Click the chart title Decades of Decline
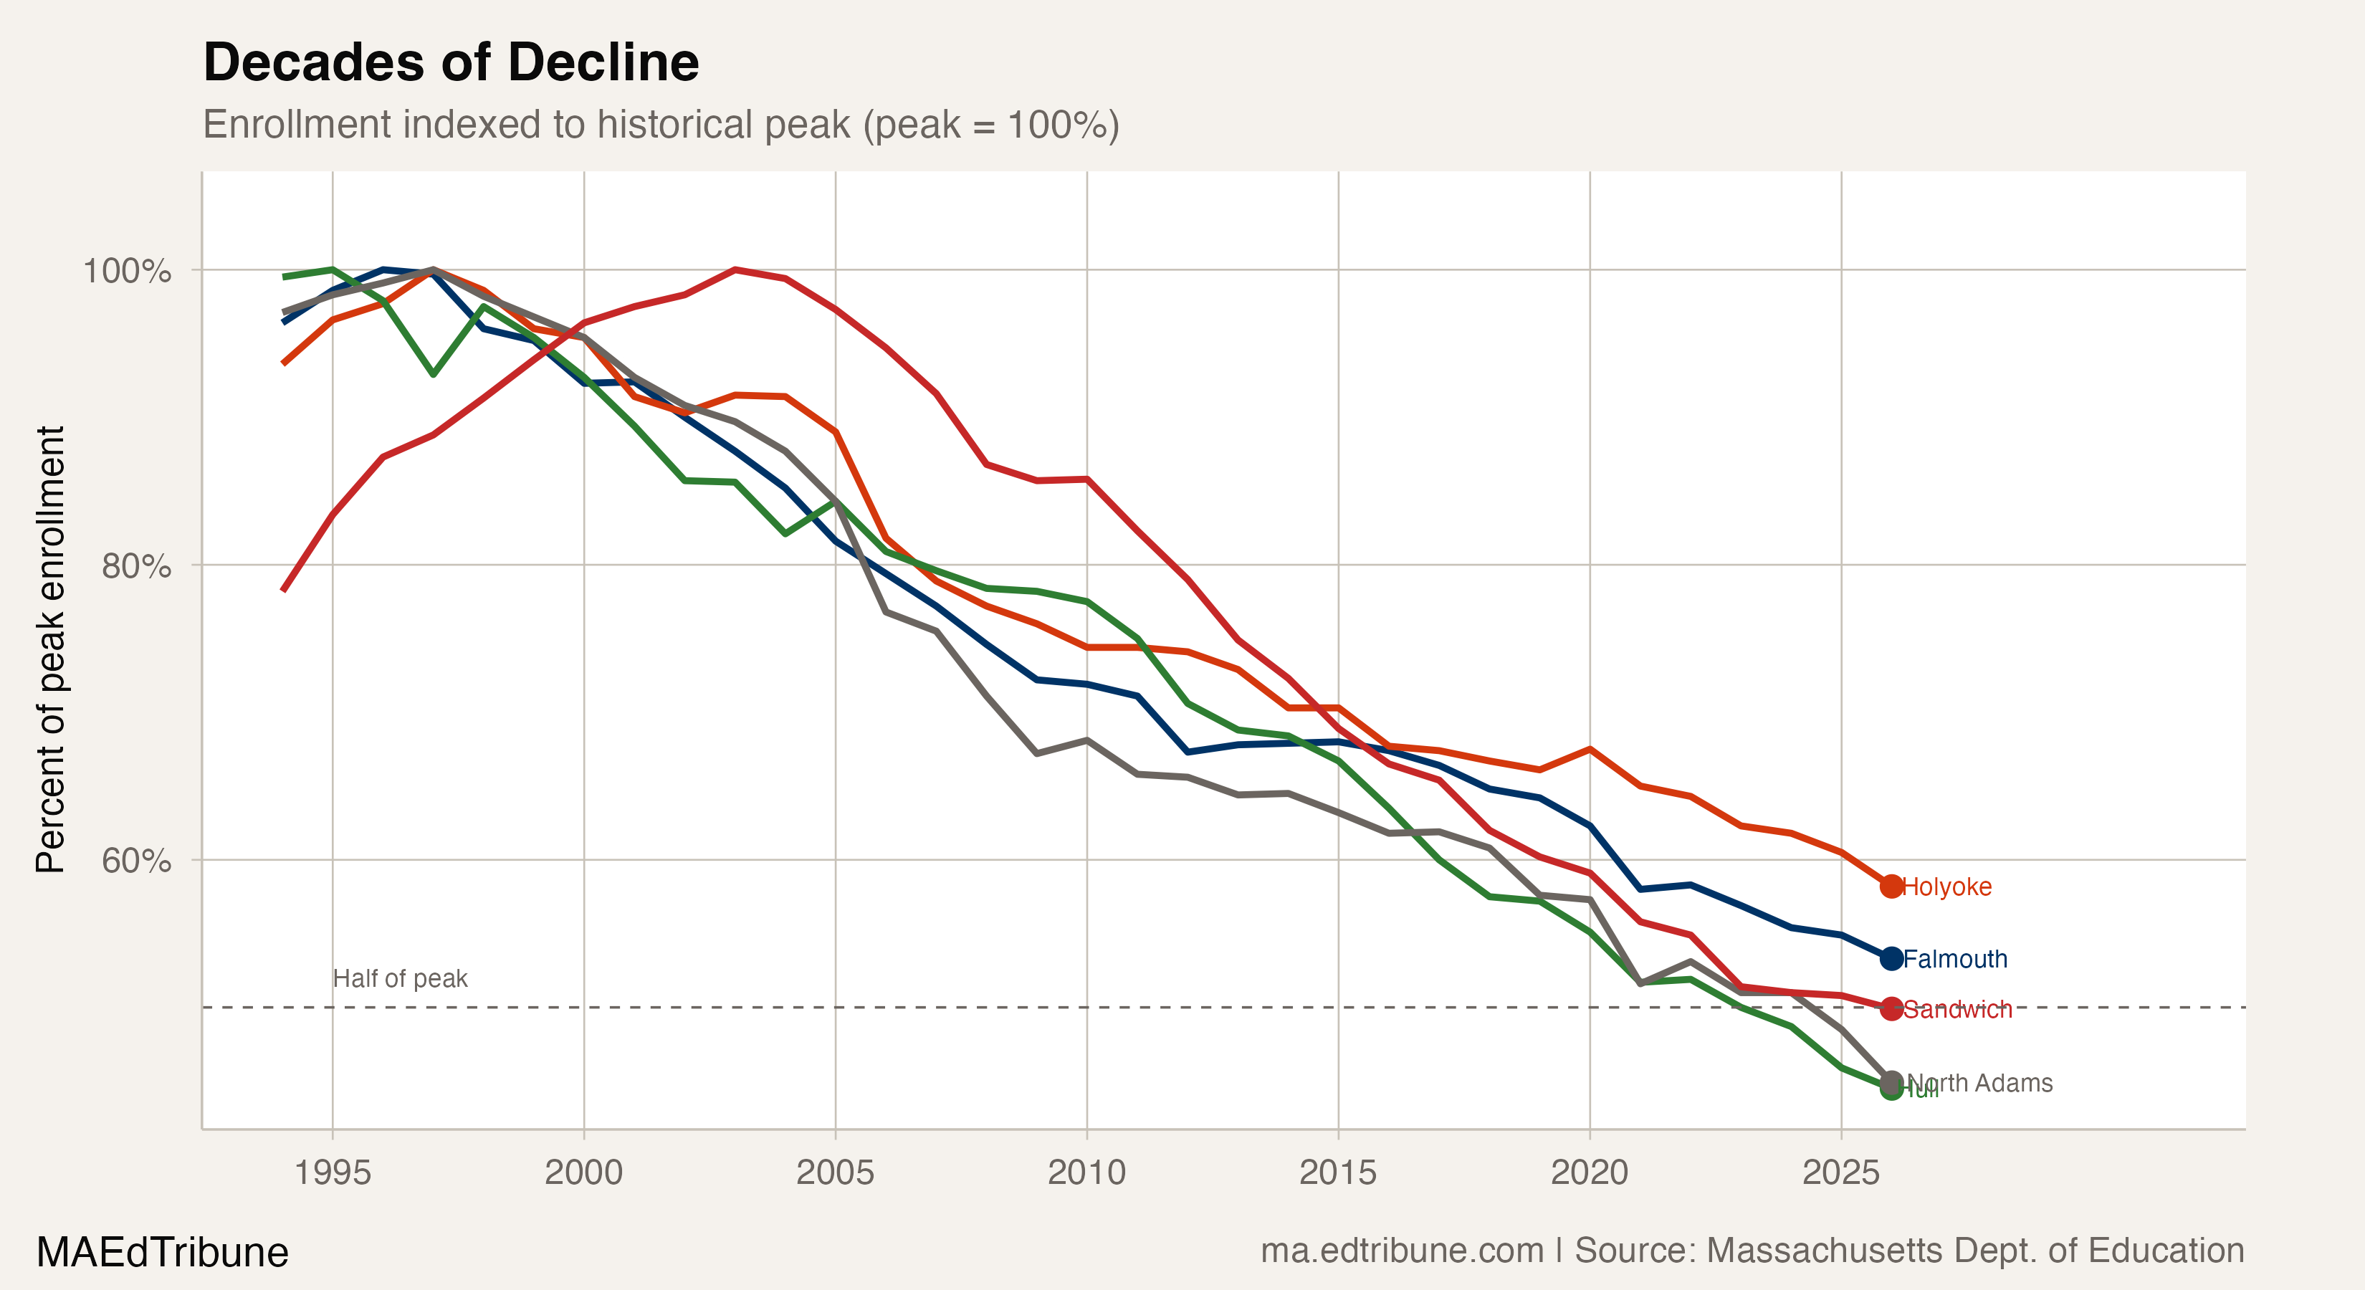[x=451, y=62]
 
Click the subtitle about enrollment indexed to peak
[x=661, y=125]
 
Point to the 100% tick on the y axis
[x=127, y=271]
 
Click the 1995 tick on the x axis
[x=333, y=1172]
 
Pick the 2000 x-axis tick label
[x=584, y=1172]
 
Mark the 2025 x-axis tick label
[x=1841, y=1172]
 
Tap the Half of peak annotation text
[x=401, y=979]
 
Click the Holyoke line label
[x=1947, y=887]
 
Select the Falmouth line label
[x=1954, y=960]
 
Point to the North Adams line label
[x=1980, y=1084]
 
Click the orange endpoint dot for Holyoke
[x=1891, y=886]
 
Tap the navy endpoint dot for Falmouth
[x=1891, y=959]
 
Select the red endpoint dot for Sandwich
[x=1891, y=1008]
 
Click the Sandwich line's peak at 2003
[x=735, y=270]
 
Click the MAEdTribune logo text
[x=163, y=1252]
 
